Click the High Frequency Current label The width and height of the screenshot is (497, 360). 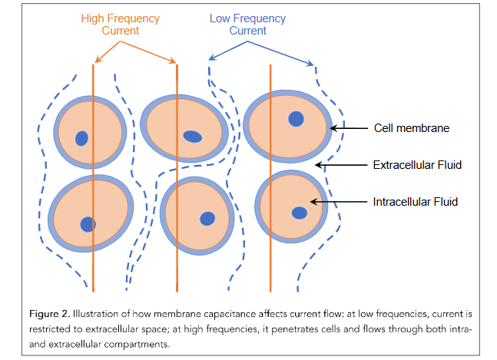[x=120, y=25]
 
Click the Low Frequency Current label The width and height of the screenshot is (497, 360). [x=247, y=25]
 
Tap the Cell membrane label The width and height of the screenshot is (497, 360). [x=412, y=128]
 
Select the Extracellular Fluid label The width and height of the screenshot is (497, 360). [x=417, y=165]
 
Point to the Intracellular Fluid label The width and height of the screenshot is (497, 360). [x=416, y=202]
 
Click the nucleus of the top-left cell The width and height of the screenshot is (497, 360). [x=81, y=138]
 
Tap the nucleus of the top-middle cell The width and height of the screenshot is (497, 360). [x=192, y=137]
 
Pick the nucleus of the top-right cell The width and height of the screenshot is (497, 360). [x=296, y=119]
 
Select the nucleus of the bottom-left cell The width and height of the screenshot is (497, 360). [x=88, y=224]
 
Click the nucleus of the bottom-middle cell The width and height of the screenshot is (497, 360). [x=207, y=219]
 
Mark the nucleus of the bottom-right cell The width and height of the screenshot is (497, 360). [x=300, y=213]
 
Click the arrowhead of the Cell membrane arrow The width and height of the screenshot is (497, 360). [x=333, y=128]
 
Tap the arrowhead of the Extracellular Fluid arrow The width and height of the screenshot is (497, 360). [x=319, y=165]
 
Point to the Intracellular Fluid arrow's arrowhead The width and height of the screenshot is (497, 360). [x=313, y=202]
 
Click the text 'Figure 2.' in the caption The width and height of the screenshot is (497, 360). [x=49, y=314]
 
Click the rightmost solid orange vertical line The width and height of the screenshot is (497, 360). [x=270, y=178]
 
